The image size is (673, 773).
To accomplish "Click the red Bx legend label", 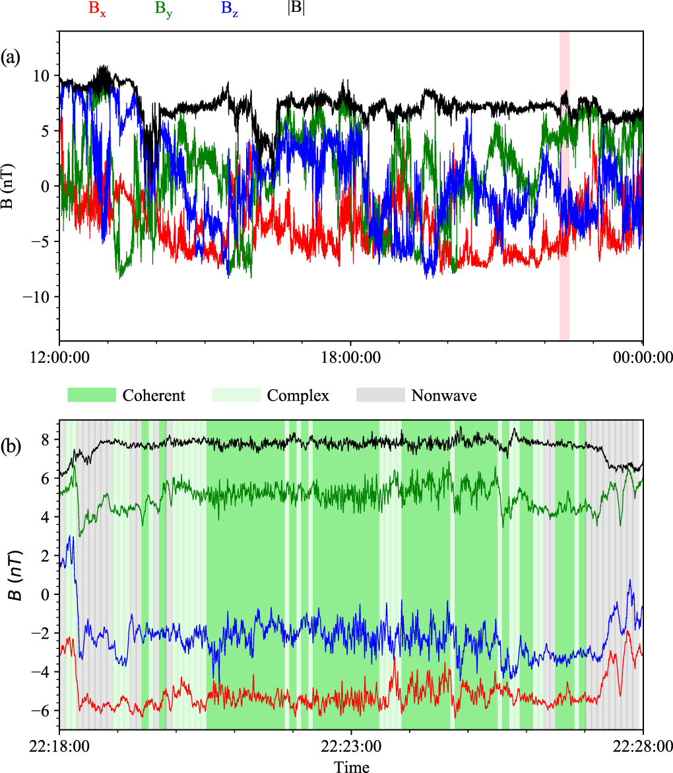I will click(97, 9).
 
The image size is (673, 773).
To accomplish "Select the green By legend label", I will click(164, 9).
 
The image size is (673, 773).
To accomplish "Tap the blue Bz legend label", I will click(230, 9).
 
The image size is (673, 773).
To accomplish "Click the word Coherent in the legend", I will click(154, 395).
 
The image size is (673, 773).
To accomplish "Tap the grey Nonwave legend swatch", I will click(380, 395).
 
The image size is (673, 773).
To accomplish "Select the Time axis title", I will click(351, 766).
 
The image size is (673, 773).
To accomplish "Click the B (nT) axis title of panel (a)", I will click(9, 186).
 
